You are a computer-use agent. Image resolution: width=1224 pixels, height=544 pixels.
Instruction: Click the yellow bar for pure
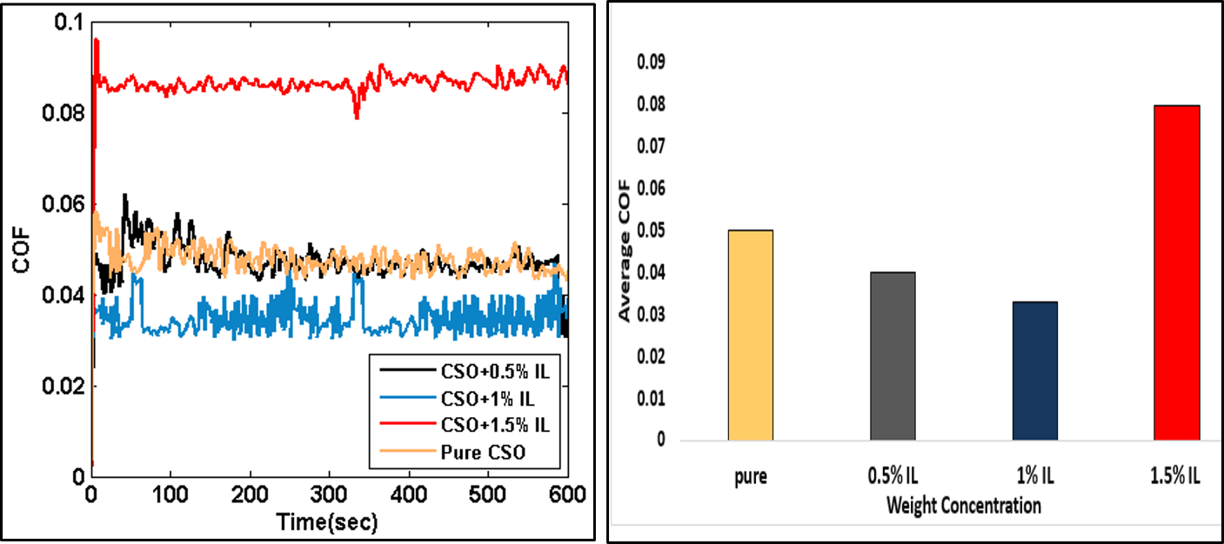point(750,335)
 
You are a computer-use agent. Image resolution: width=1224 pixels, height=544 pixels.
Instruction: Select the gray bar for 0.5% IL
point(893,355)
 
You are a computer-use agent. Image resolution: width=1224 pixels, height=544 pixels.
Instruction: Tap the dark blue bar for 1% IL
point(1034,370)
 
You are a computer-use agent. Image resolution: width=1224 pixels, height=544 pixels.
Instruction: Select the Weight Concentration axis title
point(963,505)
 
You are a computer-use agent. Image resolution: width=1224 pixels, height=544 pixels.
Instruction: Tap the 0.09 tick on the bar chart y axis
point(651,63)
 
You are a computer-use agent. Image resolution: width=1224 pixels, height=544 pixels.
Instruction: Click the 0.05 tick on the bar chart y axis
point(651,231)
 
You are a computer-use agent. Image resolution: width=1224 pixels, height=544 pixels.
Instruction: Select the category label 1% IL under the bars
point(1034,477)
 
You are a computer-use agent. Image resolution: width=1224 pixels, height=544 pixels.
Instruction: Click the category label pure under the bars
point(750,477)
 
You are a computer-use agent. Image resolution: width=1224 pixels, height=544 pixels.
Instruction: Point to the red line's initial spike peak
point(96,40)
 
